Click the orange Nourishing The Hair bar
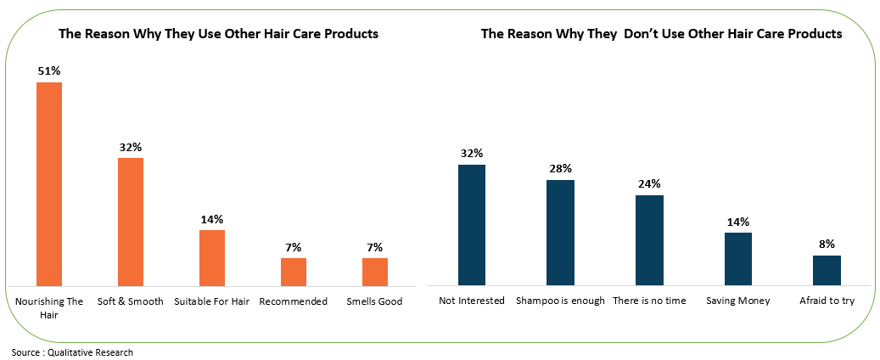(48, 183)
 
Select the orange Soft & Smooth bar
(130, 222)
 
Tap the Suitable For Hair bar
(211, 257)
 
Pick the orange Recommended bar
(293, 272)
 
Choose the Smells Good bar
(374, 272)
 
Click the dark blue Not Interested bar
(472, 225)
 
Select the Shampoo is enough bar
(560, 233)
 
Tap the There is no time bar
(649, 240)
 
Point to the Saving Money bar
(737, 259)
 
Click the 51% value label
(48, 71)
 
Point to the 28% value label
(560, 169)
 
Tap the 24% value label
(649, 184)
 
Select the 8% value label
(827, 245)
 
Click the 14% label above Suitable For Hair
(211, 219)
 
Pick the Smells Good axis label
(374, 301)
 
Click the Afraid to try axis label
(827, 301)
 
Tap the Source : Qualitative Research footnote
(72, 352)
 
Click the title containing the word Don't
(661, 35)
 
